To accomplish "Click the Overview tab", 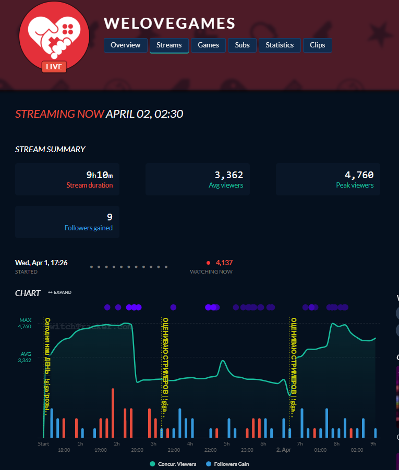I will pyautogui.click(x=125, y=45).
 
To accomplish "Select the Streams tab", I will pyautogui.click(x=169, y=45).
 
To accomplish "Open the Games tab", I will pyautogui.click(x=208, y=45).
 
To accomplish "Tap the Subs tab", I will pyautogui.click(x=242, y=45).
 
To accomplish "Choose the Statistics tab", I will pyautogui.click(x=280, y=45).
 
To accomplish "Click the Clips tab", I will pyautogui.click(x=317, y=45).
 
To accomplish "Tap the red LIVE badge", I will pyautogui.click(x=54, y=67).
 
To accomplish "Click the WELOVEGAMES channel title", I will pyautogui.click(x=170, y=23).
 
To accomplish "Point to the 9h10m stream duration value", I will pyautogui.click(x=99, y=175).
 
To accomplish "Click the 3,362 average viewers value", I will pyautogui.click(x=229, y=175).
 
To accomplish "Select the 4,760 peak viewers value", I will pyautogui.click(x=359, y=175).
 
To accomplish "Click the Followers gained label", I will pyautogui.click(x=88, y=228).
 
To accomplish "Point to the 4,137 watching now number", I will pyautogui.click(x=224, y=263).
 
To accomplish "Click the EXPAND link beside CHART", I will pyautogui.click(x=60, y=293).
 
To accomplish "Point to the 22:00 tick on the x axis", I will pyautogui.click(x=211, y=450).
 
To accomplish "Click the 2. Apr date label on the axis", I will pyautogui.click(x=284, y=450).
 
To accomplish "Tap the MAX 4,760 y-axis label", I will pyautogui.click(x=26, y=324).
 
